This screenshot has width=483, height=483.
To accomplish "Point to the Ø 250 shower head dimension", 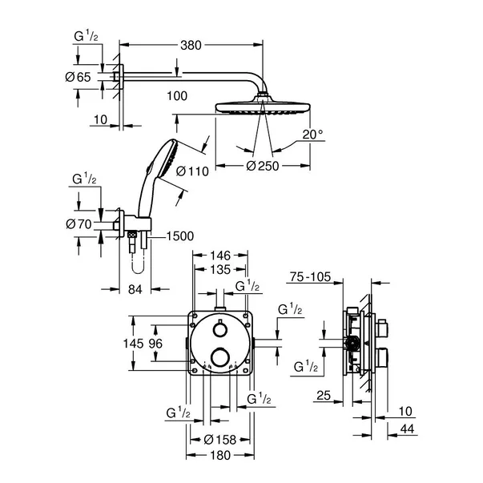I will pyautogui.click(x=264, y=165).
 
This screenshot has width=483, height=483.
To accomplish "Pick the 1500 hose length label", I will pyautogui.click(x=181, y=237).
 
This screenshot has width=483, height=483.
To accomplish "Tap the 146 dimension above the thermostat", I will pyautogui.click(x=220, y=257).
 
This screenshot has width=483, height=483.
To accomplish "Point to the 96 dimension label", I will pyautogui.click(x=157, y=343).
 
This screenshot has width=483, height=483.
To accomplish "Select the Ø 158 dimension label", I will pyautogui.click(x=219, y=438).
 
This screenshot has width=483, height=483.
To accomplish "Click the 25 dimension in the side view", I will pyautogui.click(x=323, y=396).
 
